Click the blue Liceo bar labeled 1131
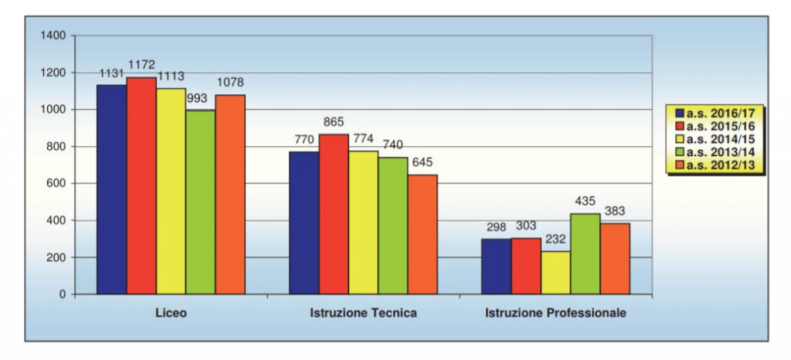click(x=111, y=189)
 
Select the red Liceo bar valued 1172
click(x=141, y=185)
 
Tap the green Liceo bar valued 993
click(x=201, y=202)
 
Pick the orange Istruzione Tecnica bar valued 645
click(x=423, y=234)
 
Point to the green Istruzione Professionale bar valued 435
click(x=585, y=253)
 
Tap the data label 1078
click(x=230, y=83)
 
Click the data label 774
click(x=363, y=139)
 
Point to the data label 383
click(x=615, y=211)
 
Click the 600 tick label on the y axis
click(x=56, y=183)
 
